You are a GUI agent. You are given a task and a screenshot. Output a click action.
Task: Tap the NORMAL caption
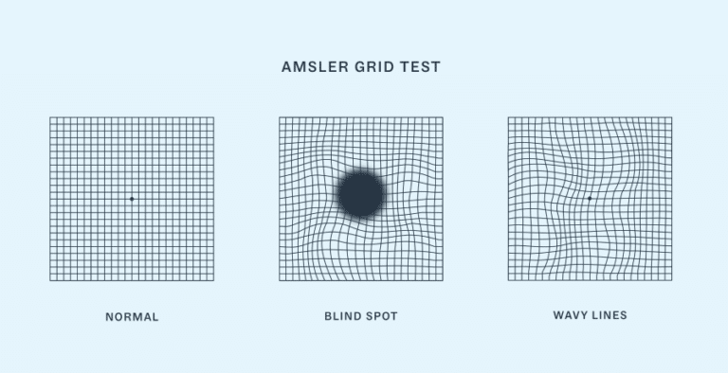tap(132, 317)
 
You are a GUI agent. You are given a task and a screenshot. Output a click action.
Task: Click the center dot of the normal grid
tap(132, 199)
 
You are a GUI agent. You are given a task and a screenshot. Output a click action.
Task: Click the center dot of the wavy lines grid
tap(590, 199)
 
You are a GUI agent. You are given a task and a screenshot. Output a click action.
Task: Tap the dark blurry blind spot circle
tap(360, 194)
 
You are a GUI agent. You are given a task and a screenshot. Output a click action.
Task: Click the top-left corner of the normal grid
tap(50, 117)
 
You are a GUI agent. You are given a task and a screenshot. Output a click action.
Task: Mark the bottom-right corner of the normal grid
tap(213, 280)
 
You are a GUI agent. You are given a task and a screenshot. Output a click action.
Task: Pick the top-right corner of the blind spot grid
tap(443, 117)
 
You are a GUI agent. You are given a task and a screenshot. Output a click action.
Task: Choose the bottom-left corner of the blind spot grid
tap(280, 280)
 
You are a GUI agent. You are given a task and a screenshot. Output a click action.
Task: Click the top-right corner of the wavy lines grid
tap(671, 117)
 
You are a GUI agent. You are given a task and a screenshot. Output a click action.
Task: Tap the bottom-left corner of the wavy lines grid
tap(508, 280)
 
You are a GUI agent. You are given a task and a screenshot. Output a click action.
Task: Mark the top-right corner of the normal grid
tap(213, 117)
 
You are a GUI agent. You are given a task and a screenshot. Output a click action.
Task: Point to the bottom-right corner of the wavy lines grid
tap(671, 280)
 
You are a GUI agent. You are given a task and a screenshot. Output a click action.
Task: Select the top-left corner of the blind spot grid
tap(280, 117)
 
